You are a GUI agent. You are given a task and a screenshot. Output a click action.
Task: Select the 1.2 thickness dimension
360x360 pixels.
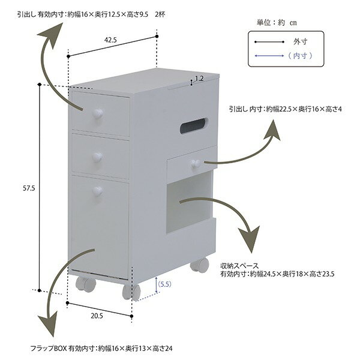pos(199,79)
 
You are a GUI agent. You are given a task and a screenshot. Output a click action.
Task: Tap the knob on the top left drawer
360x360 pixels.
pos(96,112)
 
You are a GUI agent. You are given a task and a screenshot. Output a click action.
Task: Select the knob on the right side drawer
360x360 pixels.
pos(195,163)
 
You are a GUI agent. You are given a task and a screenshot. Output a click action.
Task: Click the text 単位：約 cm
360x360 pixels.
pos(277,22)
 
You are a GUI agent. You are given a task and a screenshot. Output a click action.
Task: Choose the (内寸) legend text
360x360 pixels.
pos(298,56)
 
